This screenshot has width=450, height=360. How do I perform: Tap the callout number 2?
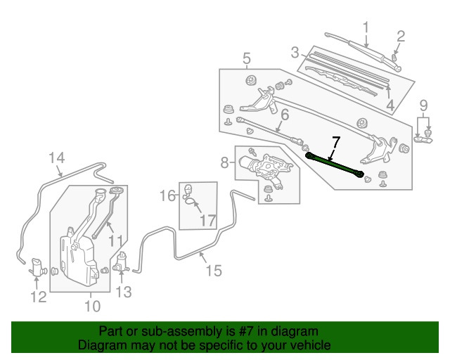point(401,36)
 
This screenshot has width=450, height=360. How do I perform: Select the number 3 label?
point(296,51)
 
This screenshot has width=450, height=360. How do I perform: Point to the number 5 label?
point(247,58)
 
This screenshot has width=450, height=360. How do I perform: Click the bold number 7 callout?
point(335,142)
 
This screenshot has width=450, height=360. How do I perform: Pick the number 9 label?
point(423,106)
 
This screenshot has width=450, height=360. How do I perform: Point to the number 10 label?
point(92,305)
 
